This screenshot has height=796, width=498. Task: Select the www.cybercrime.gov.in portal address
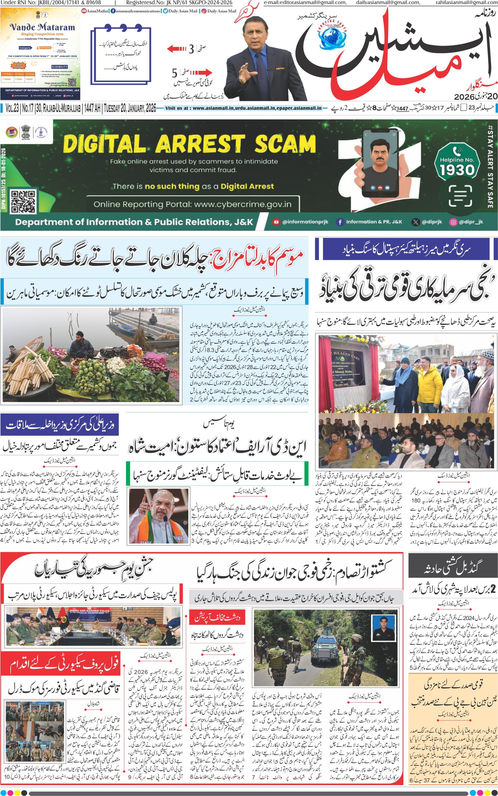pos(243,204)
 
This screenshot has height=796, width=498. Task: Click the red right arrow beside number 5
pos(201,73)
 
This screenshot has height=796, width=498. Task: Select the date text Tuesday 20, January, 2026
pos(130,108)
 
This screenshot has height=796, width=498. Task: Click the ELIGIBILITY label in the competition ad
pos(60,67)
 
